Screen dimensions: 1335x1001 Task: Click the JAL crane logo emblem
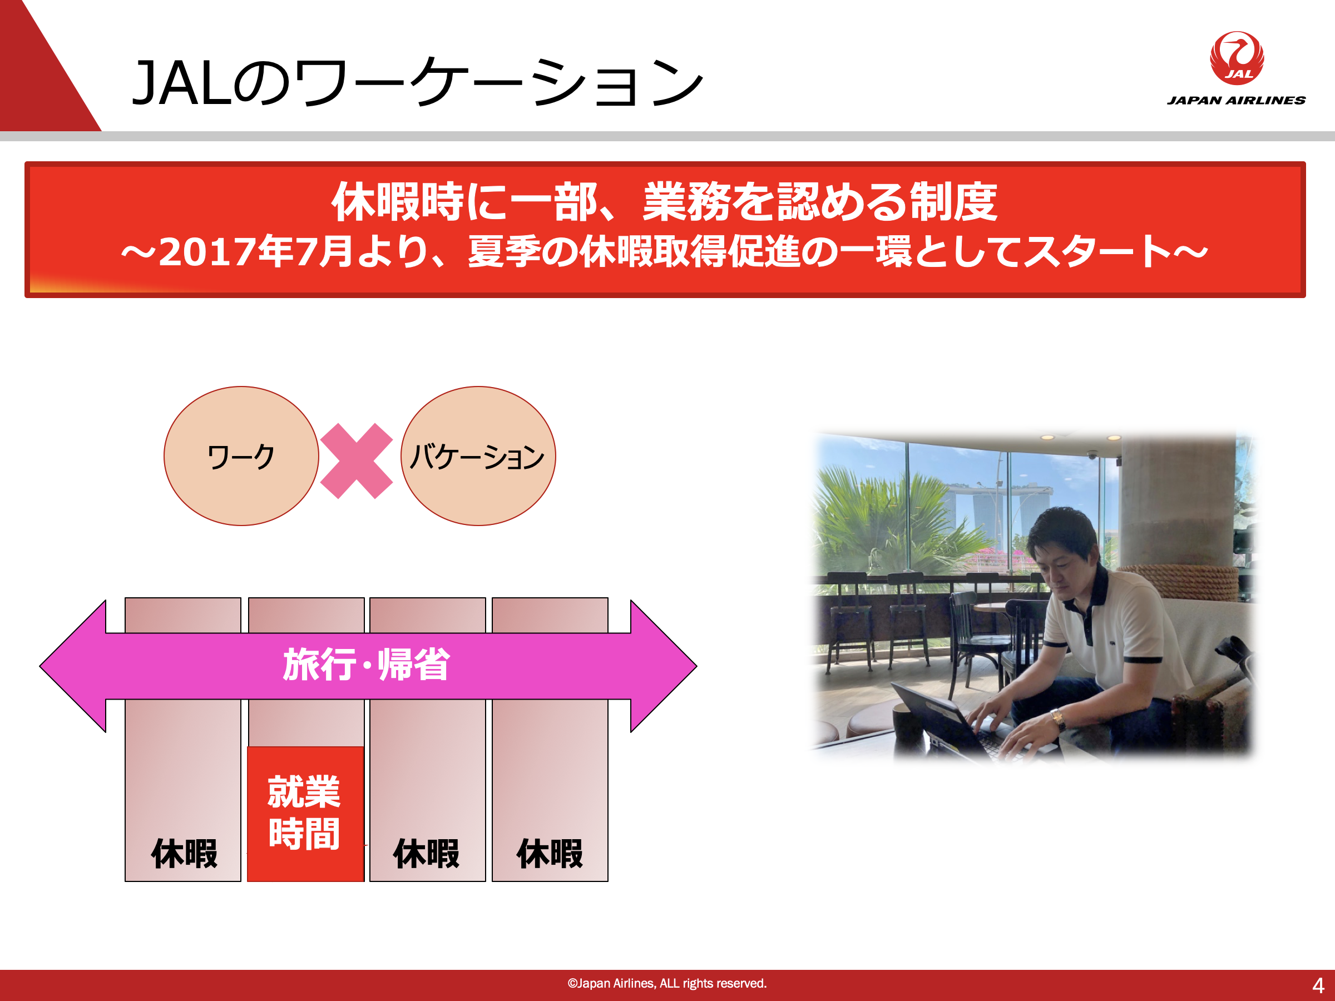point(1237,58)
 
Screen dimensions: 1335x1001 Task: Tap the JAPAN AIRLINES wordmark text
point(1236,100)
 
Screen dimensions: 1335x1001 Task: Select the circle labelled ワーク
point(241,456)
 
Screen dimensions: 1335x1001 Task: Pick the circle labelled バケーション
point(478,456)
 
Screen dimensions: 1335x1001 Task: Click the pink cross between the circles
point(357,461)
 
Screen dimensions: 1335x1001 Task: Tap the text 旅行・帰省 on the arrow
point(367,665)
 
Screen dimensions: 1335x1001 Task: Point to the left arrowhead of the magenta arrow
point(72,666)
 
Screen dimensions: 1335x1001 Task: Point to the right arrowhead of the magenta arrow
point(664,666)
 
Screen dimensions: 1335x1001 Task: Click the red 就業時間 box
point(305,814)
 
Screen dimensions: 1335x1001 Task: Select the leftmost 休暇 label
point(184,854)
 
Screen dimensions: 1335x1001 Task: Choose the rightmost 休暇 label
point(550,854)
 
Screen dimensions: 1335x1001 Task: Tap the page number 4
point(1318,986)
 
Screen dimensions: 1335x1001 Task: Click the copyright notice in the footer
point(667,984)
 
